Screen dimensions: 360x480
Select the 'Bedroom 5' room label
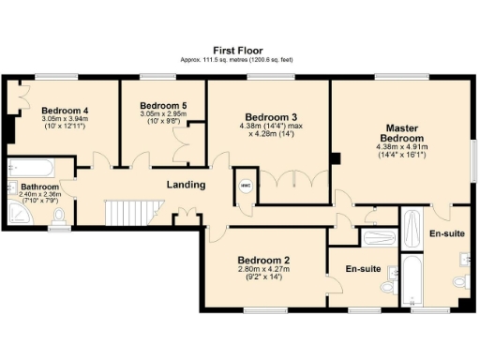[163, 106]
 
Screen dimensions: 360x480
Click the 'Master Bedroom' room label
[401, 132]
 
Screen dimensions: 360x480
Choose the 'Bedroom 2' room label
[263, 260]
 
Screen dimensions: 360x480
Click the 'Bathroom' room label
[39, 187]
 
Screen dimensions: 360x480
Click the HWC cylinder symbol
[245, 186]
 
